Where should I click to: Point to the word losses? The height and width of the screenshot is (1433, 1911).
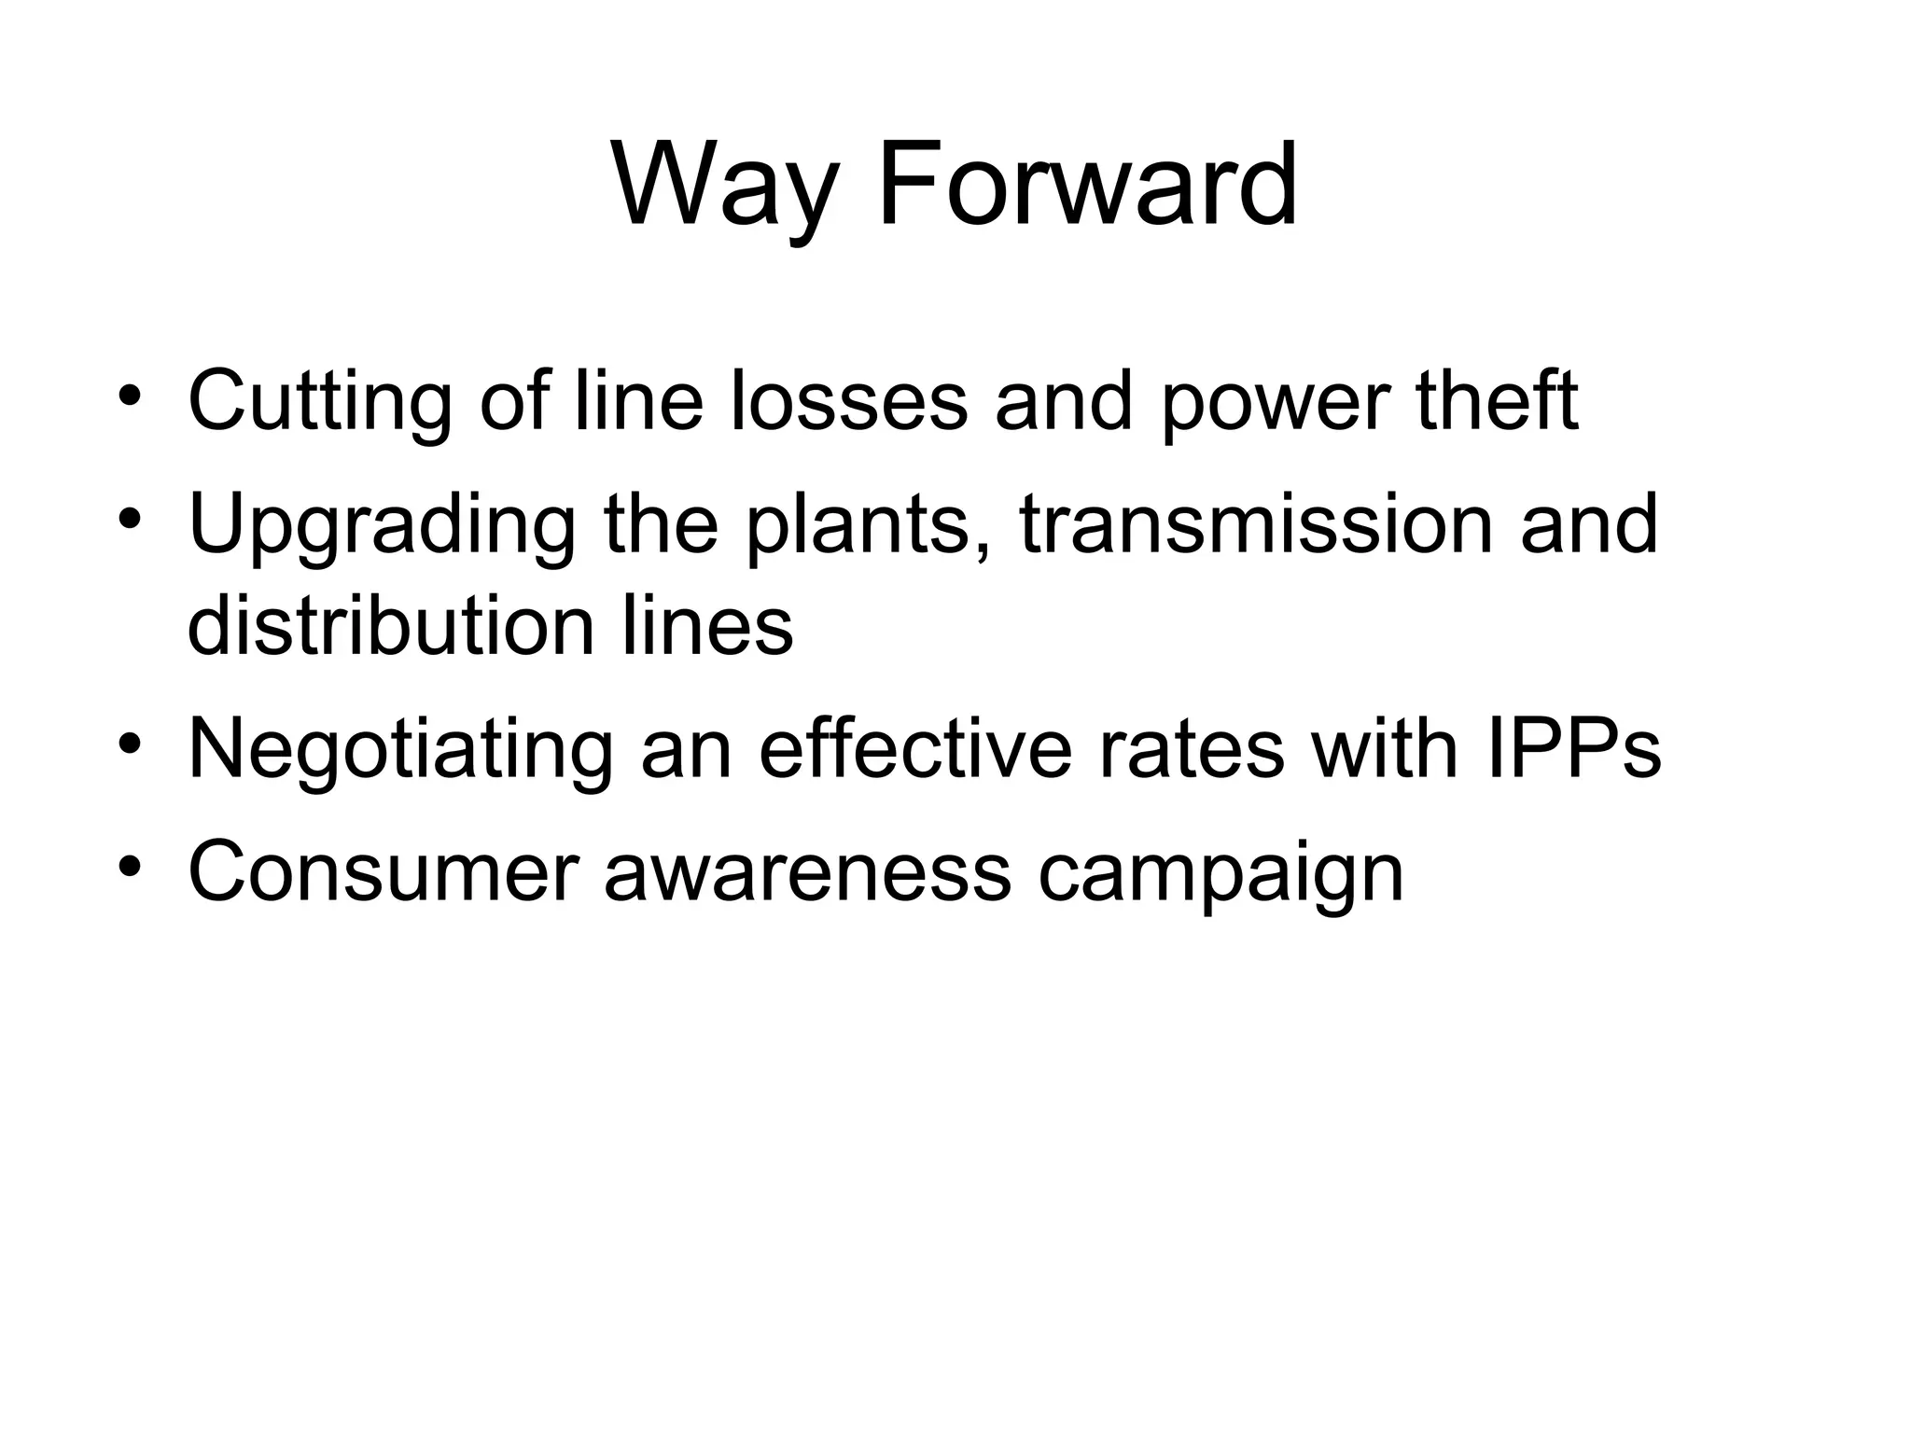click(848, 402)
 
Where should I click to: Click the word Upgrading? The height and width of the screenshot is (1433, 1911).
click(383, 527)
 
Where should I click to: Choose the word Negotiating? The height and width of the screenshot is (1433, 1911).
click(401, 752)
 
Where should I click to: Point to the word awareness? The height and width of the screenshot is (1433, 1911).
click(808, 872)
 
